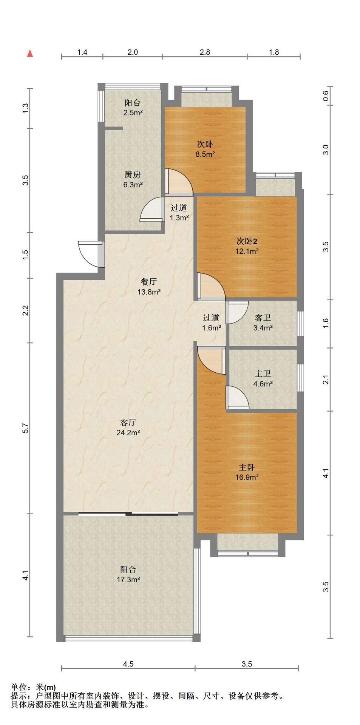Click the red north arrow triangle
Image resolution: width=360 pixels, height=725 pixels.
(30, 54)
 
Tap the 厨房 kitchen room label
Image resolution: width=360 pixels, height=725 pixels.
(133, 175)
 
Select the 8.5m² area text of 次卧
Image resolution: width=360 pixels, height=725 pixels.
(204, 154)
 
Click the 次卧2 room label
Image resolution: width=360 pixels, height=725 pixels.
(247, 241)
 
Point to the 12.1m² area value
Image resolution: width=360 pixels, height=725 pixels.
(247, 251)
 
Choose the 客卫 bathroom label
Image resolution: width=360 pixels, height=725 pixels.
(263, 318)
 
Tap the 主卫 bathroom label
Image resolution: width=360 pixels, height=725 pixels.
(263, 374)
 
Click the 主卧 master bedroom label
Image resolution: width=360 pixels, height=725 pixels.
(247, 467)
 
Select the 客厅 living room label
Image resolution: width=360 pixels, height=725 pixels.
(128, 423)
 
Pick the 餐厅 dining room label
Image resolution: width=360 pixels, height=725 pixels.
(148, 282)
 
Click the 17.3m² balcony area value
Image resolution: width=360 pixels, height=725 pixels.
(128, 580)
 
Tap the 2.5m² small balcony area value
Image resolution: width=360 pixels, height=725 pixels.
(133, 113)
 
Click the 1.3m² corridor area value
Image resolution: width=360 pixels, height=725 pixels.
(179, 218)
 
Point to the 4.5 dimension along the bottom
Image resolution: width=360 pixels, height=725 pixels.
(128, 675)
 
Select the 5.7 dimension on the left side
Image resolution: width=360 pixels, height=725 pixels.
(25, 428)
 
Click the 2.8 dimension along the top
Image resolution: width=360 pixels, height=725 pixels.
(205, 52)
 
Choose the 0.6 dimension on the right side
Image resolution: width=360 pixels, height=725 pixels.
(326, 97)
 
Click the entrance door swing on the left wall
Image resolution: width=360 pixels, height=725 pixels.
(88, 254)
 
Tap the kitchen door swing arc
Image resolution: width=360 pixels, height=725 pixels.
(151, 208)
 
